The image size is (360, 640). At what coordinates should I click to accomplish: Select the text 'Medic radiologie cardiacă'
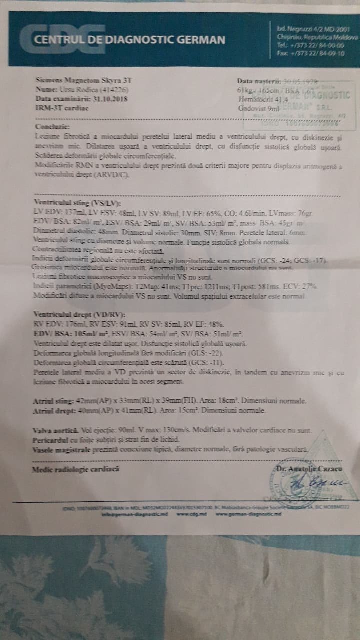(75, 469)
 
